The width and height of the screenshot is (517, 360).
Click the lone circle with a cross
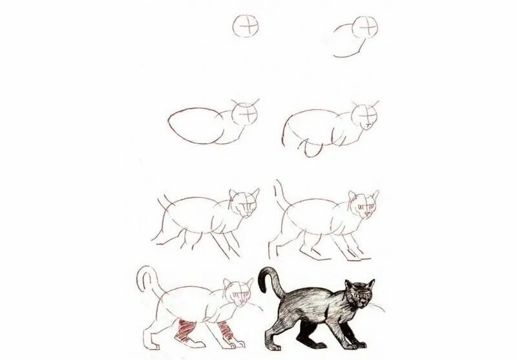pyautogui.click(x=246, y=26)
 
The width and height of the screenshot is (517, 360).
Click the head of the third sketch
pyautogui.click(x=246, y=114)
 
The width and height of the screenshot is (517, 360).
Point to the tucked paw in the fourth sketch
pyautogui.click(x=312, y=149)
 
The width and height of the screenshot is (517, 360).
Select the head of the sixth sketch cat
pyautogui.click(x=363, y=204)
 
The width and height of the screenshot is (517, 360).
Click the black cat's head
pyautogui.click(x=357, y=295)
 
